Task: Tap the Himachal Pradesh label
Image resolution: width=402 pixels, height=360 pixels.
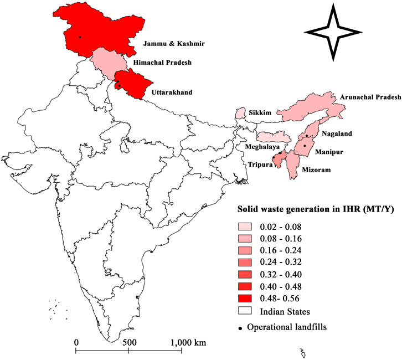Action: (x=163, y=63)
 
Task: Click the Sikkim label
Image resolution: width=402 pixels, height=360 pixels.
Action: (x=260, y=113)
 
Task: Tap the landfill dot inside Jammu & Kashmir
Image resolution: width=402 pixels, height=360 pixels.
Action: (x=80, y=37)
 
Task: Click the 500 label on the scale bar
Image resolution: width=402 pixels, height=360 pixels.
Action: (x=128, y=343)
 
